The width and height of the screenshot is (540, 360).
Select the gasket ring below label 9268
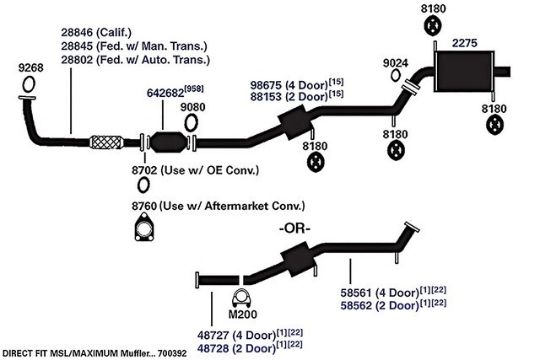[x=26, y=83]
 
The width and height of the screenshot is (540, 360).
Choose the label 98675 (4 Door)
[x=285, y=84]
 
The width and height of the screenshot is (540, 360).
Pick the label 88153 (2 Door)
[x=285, y=97]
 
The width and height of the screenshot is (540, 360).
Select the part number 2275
[x=466, y=42]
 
